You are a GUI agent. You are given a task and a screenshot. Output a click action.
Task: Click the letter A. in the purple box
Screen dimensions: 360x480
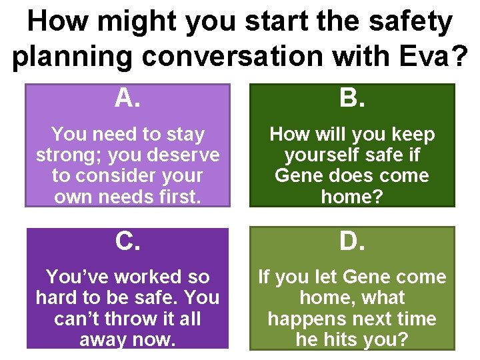pos(127,99)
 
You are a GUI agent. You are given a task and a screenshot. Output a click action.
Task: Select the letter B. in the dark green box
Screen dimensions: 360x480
pos(352,99)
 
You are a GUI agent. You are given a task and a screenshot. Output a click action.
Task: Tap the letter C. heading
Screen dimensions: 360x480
pos(127,242)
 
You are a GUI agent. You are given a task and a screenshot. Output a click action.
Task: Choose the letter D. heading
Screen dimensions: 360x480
pos(352,242)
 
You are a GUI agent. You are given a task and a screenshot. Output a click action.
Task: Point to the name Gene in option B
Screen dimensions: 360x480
pos(300,176)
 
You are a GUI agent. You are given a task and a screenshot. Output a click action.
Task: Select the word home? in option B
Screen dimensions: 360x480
pos(352,197)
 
